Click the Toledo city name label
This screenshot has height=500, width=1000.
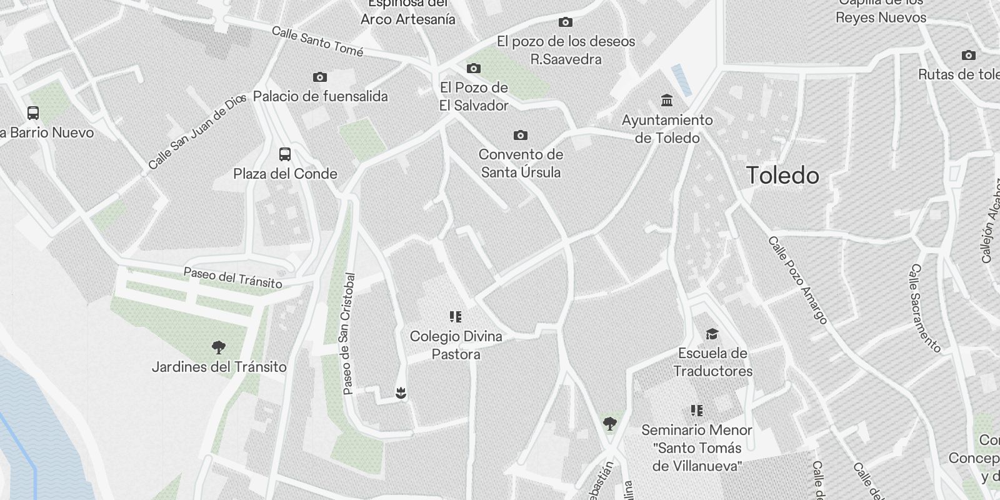(782, 176)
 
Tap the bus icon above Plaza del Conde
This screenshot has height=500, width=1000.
(285, 154)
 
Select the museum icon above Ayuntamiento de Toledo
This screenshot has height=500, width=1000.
(667, 100)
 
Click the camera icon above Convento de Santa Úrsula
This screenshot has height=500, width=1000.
(520, 135)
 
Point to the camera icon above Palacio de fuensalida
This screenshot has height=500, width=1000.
(320, 77)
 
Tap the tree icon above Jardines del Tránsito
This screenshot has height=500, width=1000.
(219, 347)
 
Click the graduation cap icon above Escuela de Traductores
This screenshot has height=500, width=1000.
(712, 334)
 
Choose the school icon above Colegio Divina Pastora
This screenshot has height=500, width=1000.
(456, 317)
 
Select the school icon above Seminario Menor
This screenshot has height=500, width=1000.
(697, 411)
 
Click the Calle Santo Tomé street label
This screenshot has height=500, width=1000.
(317, 41)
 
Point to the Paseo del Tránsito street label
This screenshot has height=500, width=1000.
(232, 278)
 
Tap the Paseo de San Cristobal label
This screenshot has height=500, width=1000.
(349, 334)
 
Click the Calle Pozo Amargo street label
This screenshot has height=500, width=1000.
(797, 280)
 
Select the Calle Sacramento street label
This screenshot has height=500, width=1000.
(925, 308)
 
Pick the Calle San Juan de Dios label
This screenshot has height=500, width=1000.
(197, 132)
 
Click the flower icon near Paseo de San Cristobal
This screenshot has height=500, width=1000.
(401, 392)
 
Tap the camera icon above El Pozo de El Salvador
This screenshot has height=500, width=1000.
(474, 68)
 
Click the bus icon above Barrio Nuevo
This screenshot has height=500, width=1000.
(33, 113)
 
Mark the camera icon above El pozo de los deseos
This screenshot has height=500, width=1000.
(566, 22)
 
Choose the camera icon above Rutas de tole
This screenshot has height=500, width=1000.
(969, 55)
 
